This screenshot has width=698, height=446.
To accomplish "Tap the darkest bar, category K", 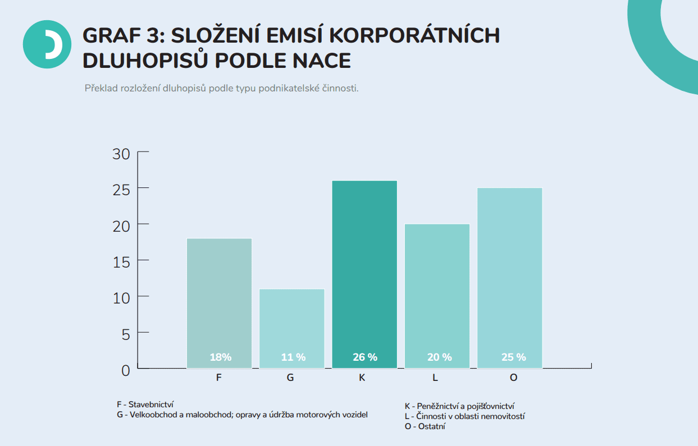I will (x=364, y=269).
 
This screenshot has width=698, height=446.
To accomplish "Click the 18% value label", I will (x=221, y=357).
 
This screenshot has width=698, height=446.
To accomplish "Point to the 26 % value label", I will (x=365, y=357).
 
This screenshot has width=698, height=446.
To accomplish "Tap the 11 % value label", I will (x=293, y=357).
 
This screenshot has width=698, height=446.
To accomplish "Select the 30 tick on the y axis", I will (x=121, y=154).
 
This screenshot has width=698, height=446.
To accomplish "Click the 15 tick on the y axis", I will (x=121, y=262).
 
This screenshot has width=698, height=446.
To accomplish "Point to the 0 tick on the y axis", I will (x=125, y=370).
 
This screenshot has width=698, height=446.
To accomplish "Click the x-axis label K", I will (x=362, y=378).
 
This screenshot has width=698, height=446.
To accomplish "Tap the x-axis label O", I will (x=513, y=378).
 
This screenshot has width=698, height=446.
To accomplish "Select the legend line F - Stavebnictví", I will (x=145, y=404).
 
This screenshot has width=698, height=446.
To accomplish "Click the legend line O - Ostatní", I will (x=425, y=426).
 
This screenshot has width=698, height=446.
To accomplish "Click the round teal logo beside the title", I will (x=47, y=44).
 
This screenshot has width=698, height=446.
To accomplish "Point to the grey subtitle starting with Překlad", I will (x=221, y=89).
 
